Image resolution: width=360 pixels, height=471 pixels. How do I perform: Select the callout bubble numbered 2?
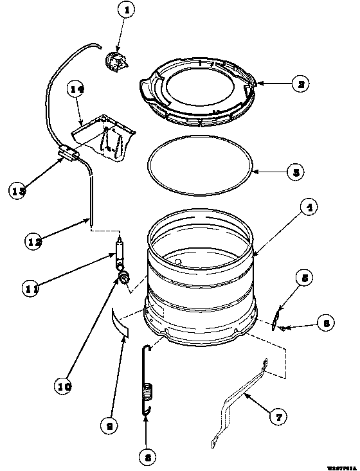point(299,83)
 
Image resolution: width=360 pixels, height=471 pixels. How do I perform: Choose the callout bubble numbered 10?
point(64,387)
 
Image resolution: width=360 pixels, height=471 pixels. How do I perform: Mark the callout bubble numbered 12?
point(35,242)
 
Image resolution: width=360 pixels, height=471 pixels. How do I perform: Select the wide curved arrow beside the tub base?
point(119,321)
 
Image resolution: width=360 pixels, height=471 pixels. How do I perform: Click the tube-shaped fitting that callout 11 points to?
point(120,254)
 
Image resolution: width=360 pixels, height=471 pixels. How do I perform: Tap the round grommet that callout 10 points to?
point(123,277)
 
